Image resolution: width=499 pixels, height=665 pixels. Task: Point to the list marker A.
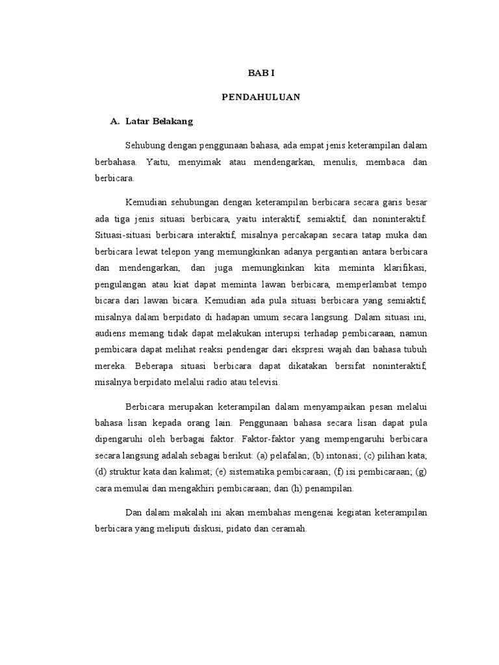tap(116, 120)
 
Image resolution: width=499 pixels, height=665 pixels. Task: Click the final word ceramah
tap(287, 529)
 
